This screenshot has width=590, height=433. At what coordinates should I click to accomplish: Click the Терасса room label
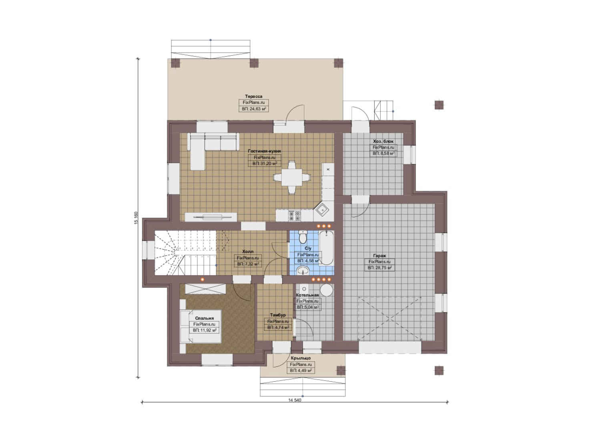click(x=254, y=96)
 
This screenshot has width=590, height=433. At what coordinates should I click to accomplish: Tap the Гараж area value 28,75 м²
click(x=379, y=267)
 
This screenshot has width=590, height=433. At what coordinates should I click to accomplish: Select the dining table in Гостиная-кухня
click(x=291, y=178)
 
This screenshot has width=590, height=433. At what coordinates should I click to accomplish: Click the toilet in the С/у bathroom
click(x=303, y=237)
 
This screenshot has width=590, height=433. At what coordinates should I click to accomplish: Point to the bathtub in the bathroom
click(x=326, y=248)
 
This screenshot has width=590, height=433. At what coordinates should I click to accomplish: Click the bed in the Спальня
click(x=201, y=326)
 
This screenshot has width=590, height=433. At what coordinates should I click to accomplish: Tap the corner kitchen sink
click(x=322, y=210)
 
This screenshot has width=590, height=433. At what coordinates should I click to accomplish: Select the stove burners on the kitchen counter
click(x=295, y=216)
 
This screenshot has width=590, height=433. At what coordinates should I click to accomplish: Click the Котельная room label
click(x=307, y=295)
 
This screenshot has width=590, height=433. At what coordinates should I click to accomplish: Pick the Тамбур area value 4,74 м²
click(x=278, y=328)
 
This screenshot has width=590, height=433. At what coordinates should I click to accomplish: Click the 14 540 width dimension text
click(x=295, y=408)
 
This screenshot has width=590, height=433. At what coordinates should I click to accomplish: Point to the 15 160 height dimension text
click(x=136, y=218)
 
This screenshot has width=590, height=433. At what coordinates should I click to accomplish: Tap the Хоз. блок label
click(x=383, y=141)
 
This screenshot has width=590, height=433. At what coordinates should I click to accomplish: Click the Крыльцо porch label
click(x=301, y=358)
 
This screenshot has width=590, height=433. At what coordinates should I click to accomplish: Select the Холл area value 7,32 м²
click(x=248, y=264)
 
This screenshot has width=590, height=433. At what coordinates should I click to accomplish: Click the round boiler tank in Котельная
click(x=327, y=290)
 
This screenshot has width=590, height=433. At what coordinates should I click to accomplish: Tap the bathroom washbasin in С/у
click(x=303, y=270)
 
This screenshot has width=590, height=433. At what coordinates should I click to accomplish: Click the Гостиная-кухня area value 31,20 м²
click(x=265, y=164)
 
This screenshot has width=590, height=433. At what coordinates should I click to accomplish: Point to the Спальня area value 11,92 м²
click(x=205, y=330)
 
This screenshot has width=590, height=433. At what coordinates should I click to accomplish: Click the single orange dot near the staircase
click(x=202, y=279)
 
